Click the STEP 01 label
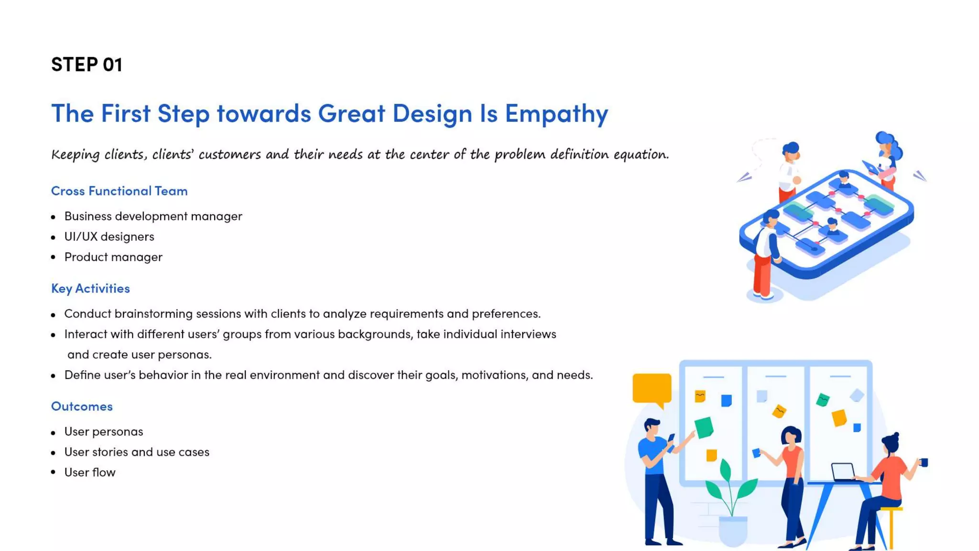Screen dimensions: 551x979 tap(87, 65)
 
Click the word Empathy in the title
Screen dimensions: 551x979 tap(556, 113)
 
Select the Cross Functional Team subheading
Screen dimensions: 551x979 tap(119, 191)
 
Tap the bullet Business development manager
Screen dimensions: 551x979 tap(153, 216)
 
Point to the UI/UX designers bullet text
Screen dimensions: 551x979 tap(109, 237)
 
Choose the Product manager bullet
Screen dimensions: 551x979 tap(113, 257)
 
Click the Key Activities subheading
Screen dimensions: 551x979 tap(90, 288)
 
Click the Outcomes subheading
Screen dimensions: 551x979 tap(82, 406)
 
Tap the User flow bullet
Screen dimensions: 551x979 tap(90, 473)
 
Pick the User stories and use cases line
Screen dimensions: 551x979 tap(137, 452)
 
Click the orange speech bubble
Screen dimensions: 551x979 tap(652, 388)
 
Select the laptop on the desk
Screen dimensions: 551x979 tap(843, 471)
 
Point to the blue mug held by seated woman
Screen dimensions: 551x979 tap(924, 462)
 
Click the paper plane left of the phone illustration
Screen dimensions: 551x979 tap(744, 177)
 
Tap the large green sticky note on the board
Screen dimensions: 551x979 tap(704, 427)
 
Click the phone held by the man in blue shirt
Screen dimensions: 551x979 tap(671, 438)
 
